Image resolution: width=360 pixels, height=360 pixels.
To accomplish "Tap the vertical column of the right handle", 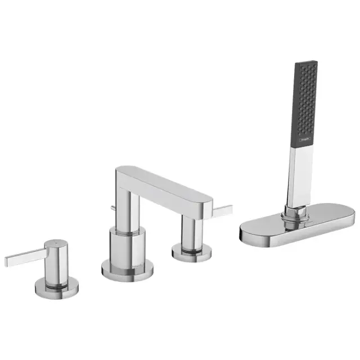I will click(x=190, y=227).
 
